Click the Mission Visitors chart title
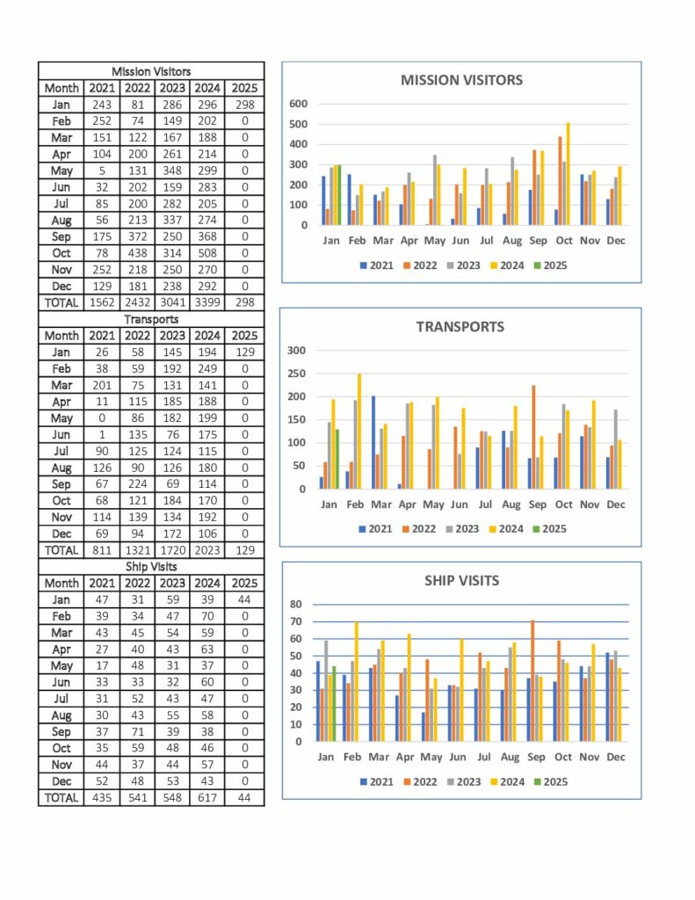click(461, 80)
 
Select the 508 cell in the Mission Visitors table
click(207, 253)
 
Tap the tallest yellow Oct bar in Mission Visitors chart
click(568, 173)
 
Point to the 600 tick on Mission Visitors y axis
click(299, 104)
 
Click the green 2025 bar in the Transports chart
click(337, 459)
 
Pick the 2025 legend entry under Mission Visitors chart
click(550, 265)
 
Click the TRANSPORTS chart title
click(460, 327)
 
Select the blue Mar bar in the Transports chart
click(373, 443)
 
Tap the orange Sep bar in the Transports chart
click(533, 438)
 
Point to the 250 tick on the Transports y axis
click(296, 373)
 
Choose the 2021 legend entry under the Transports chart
click(375, 528)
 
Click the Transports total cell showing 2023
click(207, 550)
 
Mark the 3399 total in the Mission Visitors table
click(207, 302)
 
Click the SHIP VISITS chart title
click(461, 580)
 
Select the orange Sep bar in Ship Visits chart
click(532, 680)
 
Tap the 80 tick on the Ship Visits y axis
click(295, 604)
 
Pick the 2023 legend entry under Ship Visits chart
click(464, 781)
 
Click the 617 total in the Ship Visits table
click(207, 798)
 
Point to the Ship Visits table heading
click(151, 567)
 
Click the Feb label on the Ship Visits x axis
click(351, 757)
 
